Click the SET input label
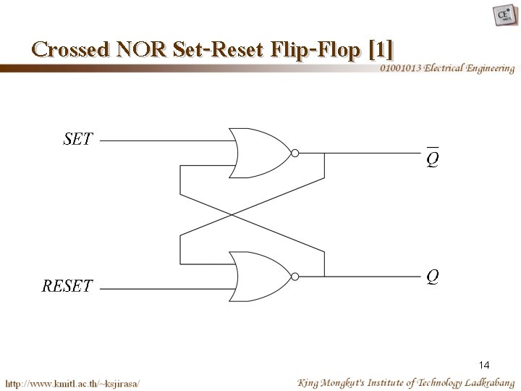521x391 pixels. (77, 139)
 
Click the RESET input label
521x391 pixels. (67, 286)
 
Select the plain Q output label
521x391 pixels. (432, 276)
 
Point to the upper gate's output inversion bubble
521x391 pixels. (294, 153)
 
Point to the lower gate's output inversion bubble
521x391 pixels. (294, 276)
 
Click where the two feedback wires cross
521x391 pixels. (230, 214)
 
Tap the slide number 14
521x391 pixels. (485, 366)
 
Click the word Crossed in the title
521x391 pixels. (69, 50)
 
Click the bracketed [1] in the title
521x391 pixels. (381, 50)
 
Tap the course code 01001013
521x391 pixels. (401, 68)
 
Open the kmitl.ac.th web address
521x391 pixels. (73, 382)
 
